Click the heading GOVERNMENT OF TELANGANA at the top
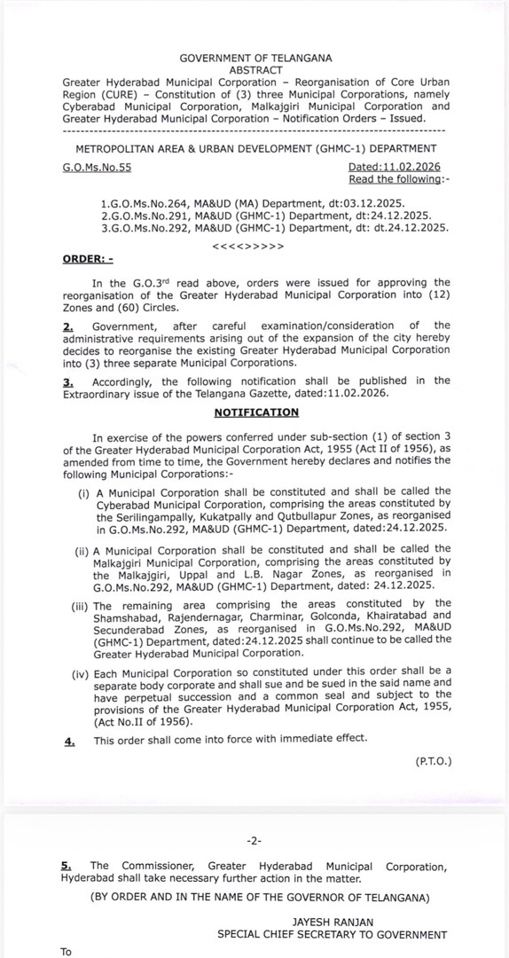tap(255, 58)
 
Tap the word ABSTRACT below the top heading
tap(255, 70)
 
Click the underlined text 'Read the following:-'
tap(394, 179)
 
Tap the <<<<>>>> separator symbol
tap(249, 245)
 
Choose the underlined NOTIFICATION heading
tap(256, 412)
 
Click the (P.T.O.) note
tap(432, 761)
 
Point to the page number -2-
tap(254, 840)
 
